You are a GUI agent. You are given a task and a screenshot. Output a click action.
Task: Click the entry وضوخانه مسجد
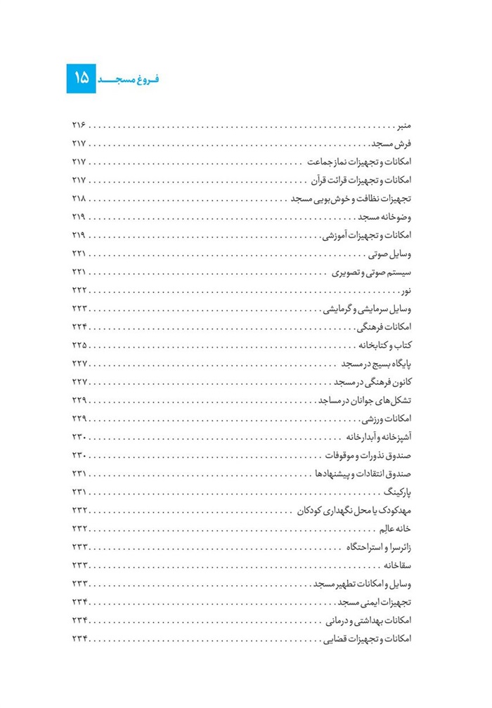click(387, 216)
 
